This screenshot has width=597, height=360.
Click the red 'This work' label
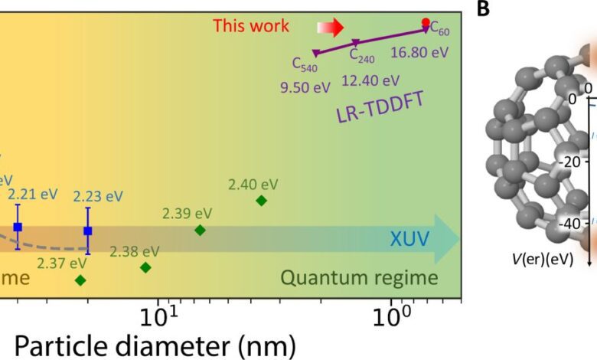pyautogui.click(x=251, y=25)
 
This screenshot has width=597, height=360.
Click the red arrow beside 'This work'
pyautogui.click(x=327, y=28)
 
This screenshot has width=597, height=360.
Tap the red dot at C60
pyautogui.click(x=426, y=22)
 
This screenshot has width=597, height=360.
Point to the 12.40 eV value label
pyautogui.click(x=370, y=80)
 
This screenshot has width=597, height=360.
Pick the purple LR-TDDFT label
pyautogui.click(x=377, y=111)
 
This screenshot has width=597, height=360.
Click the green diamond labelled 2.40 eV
pyautogui.click(x=261, y=201)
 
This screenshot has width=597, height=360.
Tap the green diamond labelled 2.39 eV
pyautogui.click(x=200, y=230)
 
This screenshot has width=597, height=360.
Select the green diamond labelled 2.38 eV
pyautogui.click(x=145, y=267)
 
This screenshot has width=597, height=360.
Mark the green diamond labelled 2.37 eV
pyautogui.click(x=80, y=280)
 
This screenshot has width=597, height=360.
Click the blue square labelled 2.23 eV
pyautogui.click(x=88, y=231)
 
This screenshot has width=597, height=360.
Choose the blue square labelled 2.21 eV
pyautogui.click(x=18, y=227)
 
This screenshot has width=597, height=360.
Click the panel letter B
pyautogui.click(x=483, y=9)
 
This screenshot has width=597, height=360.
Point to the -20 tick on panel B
pyautogui.click(x=568, y=162)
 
